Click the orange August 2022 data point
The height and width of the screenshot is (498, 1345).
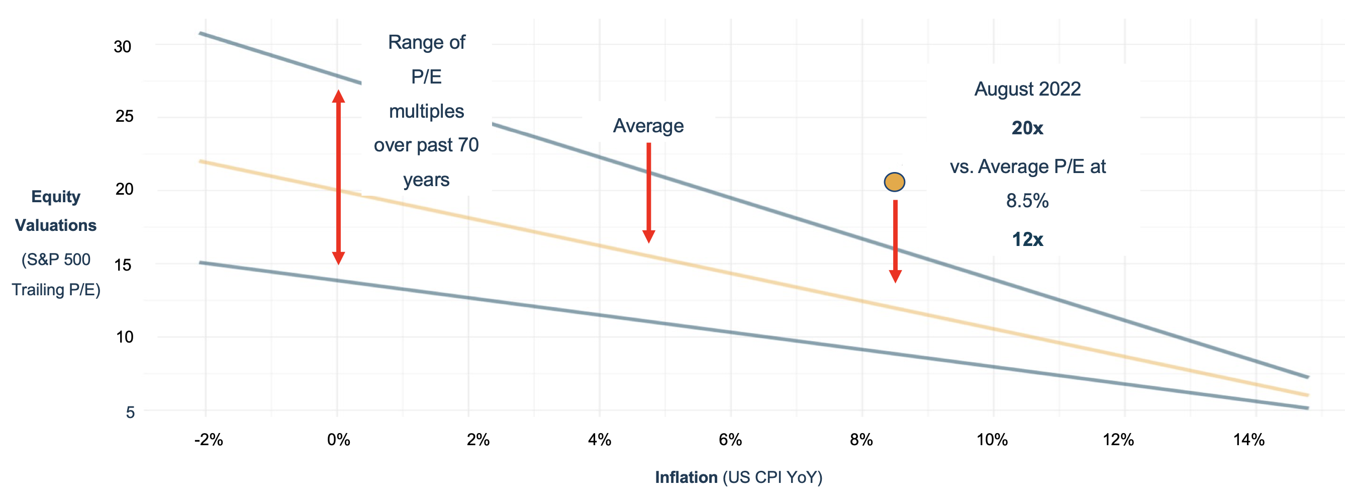point(894,183)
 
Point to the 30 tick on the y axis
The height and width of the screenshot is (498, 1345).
point(123,46)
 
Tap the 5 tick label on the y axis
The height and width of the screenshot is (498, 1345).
point(130,412)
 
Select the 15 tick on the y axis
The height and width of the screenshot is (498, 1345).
point(123,265)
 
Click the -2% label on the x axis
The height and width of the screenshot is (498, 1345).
point(208,440)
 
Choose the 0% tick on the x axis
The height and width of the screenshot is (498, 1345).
point(338,440)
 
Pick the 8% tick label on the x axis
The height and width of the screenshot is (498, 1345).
point(861,440)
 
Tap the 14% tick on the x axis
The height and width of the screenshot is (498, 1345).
point(1249,440)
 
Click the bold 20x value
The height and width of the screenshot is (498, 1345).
point(1027,128)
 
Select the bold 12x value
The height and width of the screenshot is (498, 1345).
point(1027,239)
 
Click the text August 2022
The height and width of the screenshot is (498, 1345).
point(1027,89)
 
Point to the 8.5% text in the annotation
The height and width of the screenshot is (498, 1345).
point(1027,201)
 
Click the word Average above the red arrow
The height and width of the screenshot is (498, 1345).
point(648,126)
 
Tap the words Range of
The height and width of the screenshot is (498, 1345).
point(427,42)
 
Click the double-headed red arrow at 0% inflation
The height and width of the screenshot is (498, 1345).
point(338,178)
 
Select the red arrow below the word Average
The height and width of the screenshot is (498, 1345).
point(648,193)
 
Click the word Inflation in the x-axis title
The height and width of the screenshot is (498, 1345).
point(686,477)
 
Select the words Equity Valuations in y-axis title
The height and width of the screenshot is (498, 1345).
point(56,211)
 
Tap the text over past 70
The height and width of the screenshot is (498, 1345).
point(426,145)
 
